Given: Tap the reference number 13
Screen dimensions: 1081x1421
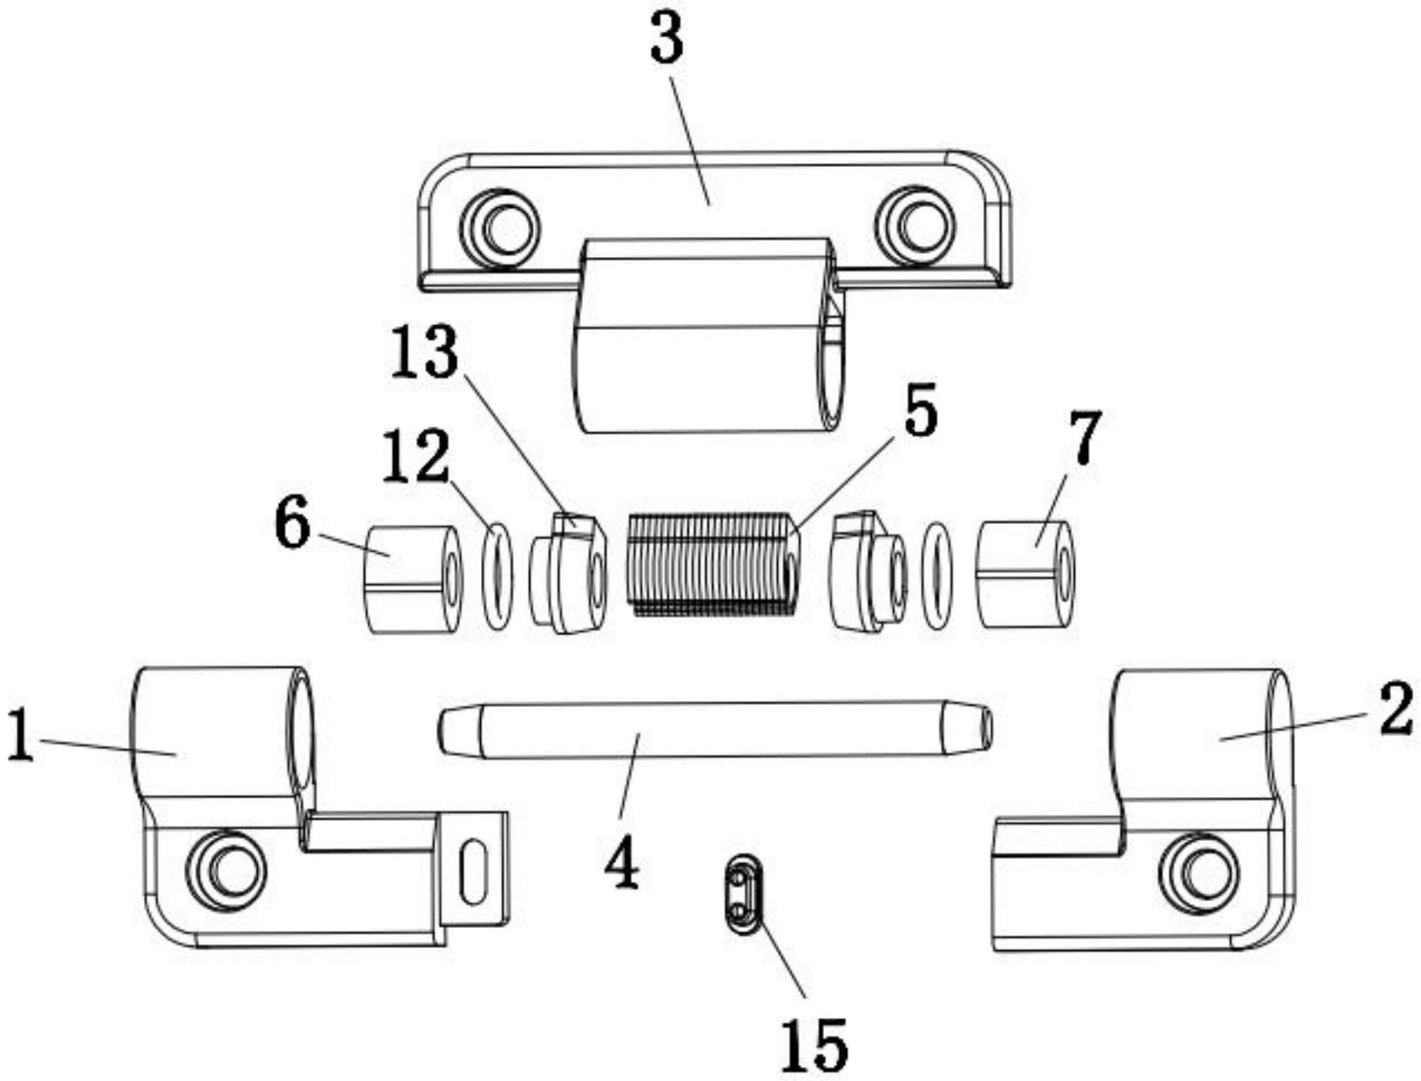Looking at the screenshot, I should (x=425, y=353).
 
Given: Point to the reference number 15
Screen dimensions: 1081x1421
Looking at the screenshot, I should (x=814, y=1045).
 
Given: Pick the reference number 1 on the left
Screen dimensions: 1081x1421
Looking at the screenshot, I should (x=21, y=736).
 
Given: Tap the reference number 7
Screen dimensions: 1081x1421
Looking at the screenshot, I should (x=1085, y=437).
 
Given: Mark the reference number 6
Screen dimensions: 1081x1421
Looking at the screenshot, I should (x=293, y=522).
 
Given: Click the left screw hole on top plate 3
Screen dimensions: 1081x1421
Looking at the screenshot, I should (x=501, y=228).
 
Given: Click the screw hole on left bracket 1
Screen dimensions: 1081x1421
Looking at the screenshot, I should (x=227, y=870).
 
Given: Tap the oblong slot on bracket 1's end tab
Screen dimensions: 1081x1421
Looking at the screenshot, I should (x=474, y=872).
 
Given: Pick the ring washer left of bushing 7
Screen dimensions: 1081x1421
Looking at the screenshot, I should (x=937, y=575).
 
